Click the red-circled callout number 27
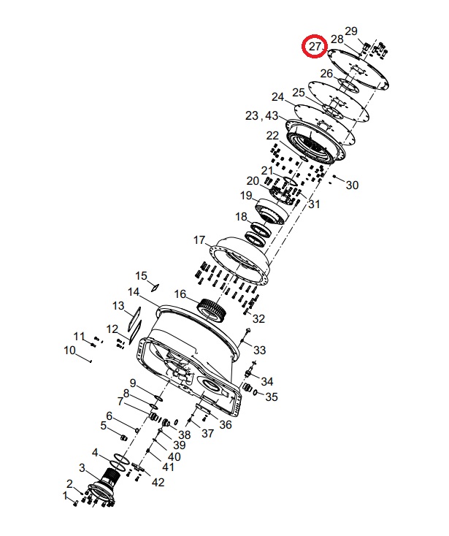pos(315,46)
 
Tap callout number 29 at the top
pos(351,31)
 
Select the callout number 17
pos(199,240)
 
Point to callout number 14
pos(134,292)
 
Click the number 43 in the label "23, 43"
pos(272,115)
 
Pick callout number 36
pos(226,424)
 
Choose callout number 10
pos(69,351)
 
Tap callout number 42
pos(158,483)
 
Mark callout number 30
pos(353,185)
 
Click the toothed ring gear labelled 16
pos(212,309)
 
